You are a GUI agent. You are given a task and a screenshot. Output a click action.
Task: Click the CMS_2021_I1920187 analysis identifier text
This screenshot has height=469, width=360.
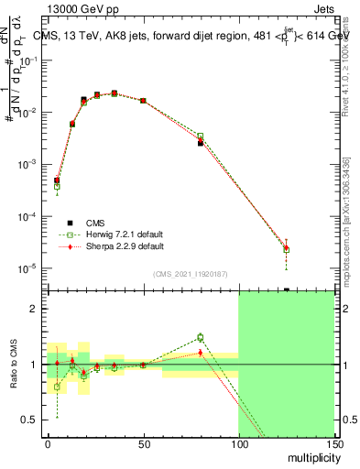pos(191,274)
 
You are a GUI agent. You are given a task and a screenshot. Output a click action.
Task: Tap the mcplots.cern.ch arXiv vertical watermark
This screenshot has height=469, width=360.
pos(347,220)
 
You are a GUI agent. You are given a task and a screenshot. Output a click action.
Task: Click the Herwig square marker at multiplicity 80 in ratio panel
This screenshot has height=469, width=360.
pos(200,337)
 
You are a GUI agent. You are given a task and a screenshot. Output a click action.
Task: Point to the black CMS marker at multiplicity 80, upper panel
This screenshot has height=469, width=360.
pos(200,144)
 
